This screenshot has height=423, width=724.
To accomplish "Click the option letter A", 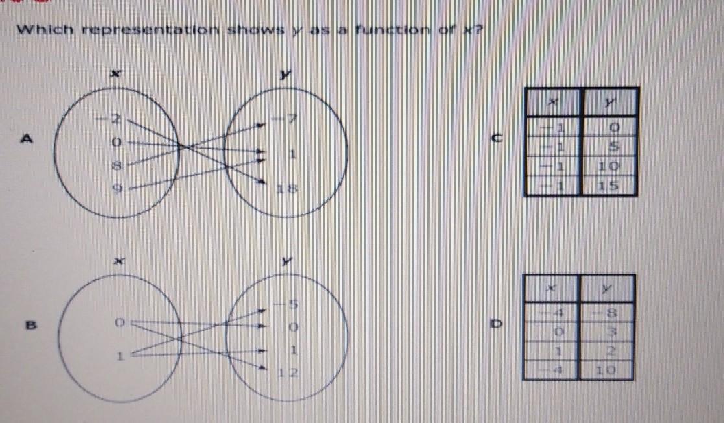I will pyautogui.click(x=27, y=138).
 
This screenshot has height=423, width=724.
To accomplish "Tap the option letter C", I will pyautogui.click(x=498, y=138).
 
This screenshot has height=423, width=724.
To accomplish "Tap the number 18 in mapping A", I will pyautogui.click(x=286, y=189).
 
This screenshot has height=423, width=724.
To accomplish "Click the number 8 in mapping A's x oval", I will pyautogui.click(x=117, y=166).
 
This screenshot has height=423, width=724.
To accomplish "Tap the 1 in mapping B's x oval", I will pyautogui.click(x=118, y=356).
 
